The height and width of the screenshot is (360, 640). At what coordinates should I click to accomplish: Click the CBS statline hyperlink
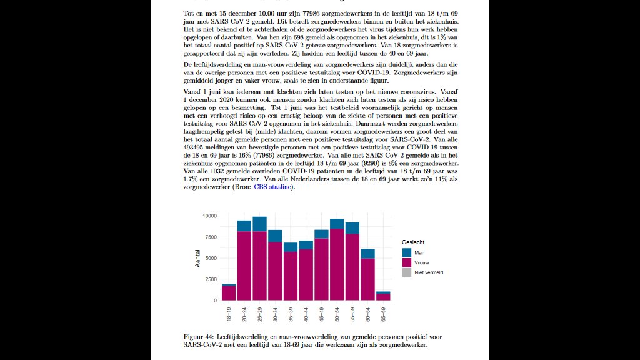pos(273,187)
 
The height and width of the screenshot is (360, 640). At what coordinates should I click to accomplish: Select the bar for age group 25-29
pos(259,262)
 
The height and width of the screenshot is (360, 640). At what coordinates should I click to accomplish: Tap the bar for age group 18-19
pos(229,293)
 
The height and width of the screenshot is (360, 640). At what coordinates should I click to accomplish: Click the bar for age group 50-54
pos(337,262)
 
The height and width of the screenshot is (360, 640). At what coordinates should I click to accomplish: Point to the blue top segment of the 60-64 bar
pos(367,254)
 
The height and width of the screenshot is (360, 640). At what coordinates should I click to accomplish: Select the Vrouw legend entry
pos(422,262)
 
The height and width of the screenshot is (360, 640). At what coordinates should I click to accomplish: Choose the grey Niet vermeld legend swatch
pos(407,272)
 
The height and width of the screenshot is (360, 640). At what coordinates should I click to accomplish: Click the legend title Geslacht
pos(414,242)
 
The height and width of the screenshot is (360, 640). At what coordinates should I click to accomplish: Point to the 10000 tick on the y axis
pos(209,216)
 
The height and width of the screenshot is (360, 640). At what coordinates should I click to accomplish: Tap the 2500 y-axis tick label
pos(211,279)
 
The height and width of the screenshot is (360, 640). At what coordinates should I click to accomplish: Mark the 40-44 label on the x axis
pos(306,314)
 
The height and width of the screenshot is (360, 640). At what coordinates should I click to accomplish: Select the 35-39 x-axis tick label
pos(291,314)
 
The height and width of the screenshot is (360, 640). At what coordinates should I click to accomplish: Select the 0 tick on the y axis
pos(214,301)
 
